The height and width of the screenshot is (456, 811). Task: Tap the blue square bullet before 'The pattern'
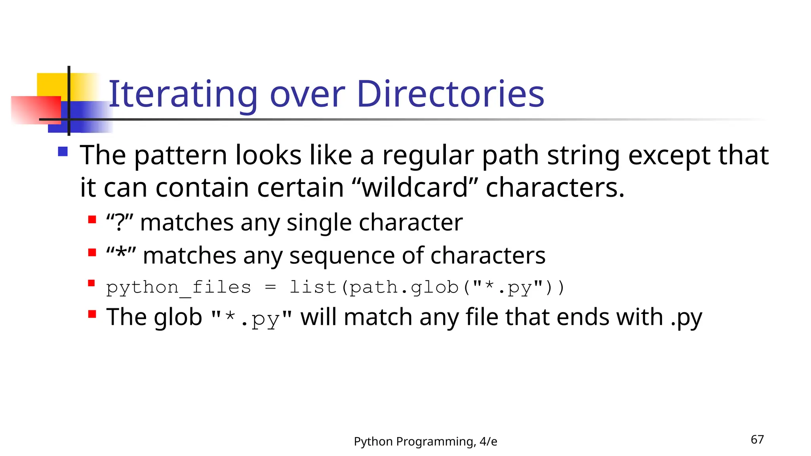coord(63,152)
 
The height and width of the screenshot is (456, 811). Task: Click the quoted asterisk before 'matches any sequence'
coord(121,254)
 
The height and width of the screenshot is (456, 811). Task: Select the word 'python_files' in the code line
coord(179,287)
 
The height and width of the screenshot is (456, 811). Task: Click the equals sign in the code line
coord(270,287)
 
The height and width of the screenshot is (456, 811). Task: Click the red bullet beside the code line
coord(92,283)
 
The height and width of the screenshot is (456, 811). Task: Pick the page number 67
coord(757,439)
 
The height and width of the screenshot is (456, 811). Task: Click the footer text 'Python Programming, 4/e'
coord(425,441)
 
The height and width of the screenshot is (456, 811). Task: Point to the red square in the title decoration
coord(36,110)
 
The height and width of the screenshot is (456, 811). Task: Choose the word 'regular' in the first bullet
coord(428,155)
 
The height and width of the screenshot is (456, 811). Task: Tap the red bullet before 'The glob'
coord(92,314)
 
